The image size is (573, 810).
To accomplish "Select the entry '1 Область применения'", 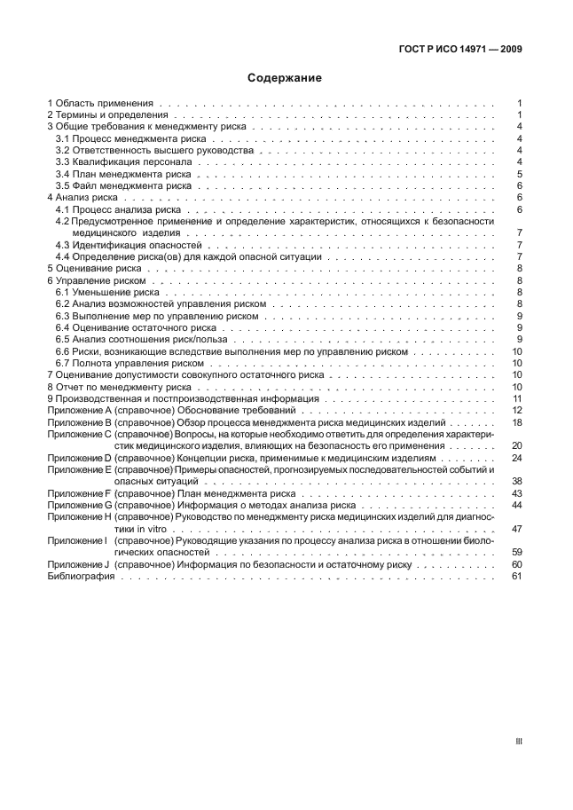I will [101, 104].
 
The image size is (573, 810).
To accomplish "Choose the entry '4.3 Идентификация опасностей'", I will [129, 244].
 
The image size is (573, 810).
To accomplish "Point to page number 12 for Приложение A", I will [517, 410].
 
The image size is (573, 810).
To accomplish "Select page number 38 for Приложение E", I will [517, 481].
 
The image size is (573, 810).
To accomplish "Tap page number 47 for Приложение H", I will [517, 528].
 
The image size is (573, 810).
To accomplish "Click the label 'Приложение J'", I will [77, 564].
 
